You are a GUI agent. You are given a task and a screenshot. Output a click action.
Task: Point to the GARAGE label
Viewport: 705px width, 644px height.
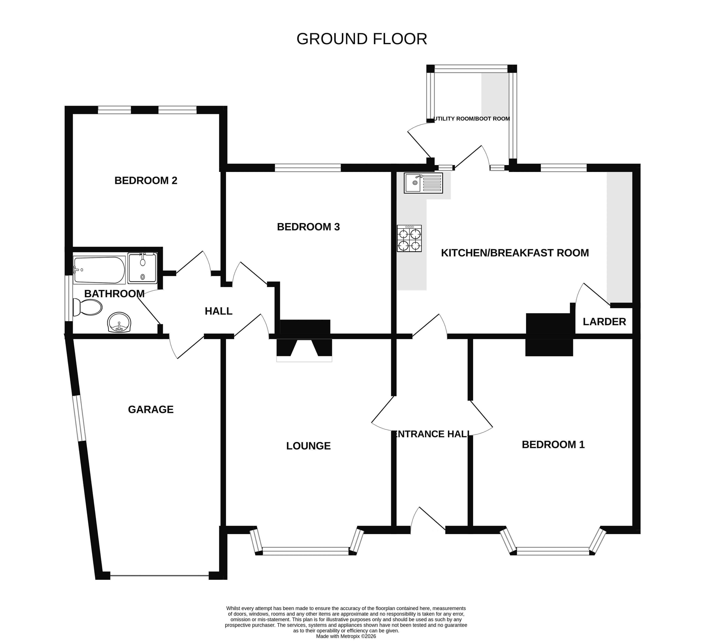(151, 410)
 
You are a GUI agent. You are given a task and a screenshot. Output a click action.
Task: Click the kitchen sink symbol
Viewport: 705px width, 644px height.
(423, 183)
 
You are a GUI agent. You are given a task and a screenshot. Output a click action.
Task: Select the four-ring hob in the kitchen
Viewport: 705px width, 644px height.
(409, 238)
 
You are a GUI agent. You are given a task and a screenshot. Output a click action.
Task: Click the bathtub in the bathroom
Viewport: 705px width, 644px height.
(99, 270)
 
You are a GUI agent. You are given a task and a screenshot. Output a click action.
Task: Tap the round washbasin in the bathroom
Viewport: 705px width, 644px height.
(119, 322)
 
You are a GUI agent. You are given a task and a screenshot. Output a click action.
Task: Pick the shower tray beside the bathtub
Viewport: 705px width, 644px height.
(142, 268)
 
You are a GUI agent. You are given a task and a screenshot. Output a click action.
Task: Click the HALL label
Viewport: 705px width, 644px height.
(219, 311)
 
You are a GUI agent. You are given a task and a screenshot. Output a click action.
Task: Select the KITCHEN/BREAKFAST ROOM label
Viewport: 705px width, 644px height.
(515, 253)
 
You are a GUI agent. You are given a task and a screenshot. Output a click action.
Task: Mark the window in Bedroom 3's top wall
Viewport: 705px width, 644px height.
(308, 168)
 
